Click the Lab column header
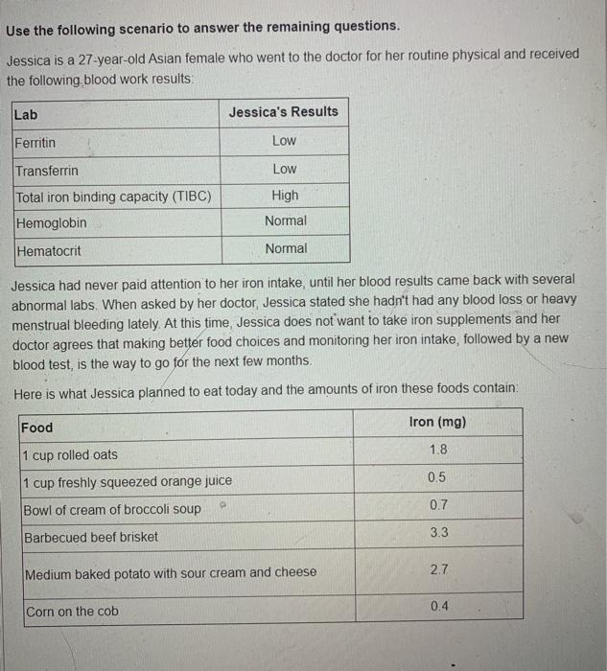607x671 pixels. [x=26, y=115]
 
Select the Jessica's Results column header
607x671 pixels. [x=283, y=112]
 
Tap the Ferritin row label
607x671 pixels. [x=35, y=143]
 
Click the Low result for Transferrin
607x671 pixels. [x=285, y=169]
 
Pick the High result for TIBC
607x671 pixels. [x=285, y=196]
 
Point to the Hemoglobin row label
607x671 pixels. [x=51, y=223]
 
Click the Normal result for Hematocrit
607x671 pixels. [x=286, y=248]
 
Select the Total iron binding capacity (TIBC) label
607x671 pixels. [x=113, y=197]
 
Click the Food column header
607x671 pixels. [x=37, y=428]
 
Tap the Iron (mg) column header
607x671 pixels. [x=437, y=423]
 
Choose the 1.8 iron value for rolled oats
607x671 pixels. [x=438, y=450]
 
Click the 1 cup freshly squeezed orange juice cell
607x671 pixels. [x=127, y=481]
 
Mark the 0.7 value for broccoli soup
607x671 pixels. [x=438, y=504]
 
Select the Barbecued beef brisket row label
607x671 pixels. [x=90, y=537]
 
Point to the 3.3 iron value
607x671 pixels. [x=438, y=532]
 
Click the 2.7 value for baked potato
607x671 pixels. [x=438, y=569]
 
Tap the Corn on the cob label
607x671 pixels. [x=73, y=612]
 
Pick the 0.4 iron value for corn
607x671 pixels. [x=438, y=607]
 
